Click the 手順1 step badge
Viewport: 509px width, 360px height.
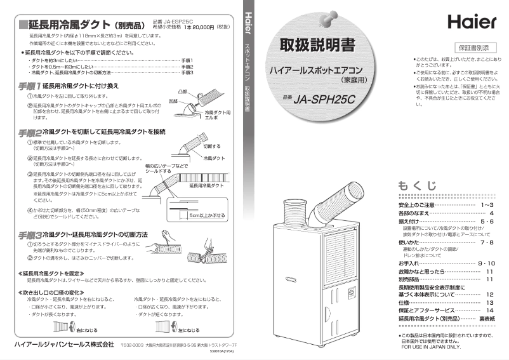pyautogui.click(x=29, y=85)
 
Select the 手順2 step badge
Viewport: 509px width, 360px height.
pyautogui.click(x=29, y=132)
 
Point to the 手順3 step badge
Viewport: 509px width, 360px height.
pyautogui.click(x=29, y=235)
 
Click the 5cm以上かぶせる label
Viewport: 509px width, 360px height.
pyautogui.click(x=208, y=215)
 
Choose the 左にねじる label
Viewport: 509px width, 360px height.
pyautogui.click(x=189, y=331)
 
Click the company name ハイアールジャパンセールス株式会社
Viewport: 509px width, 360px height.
pyautogui.click(x=60, y=343)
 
